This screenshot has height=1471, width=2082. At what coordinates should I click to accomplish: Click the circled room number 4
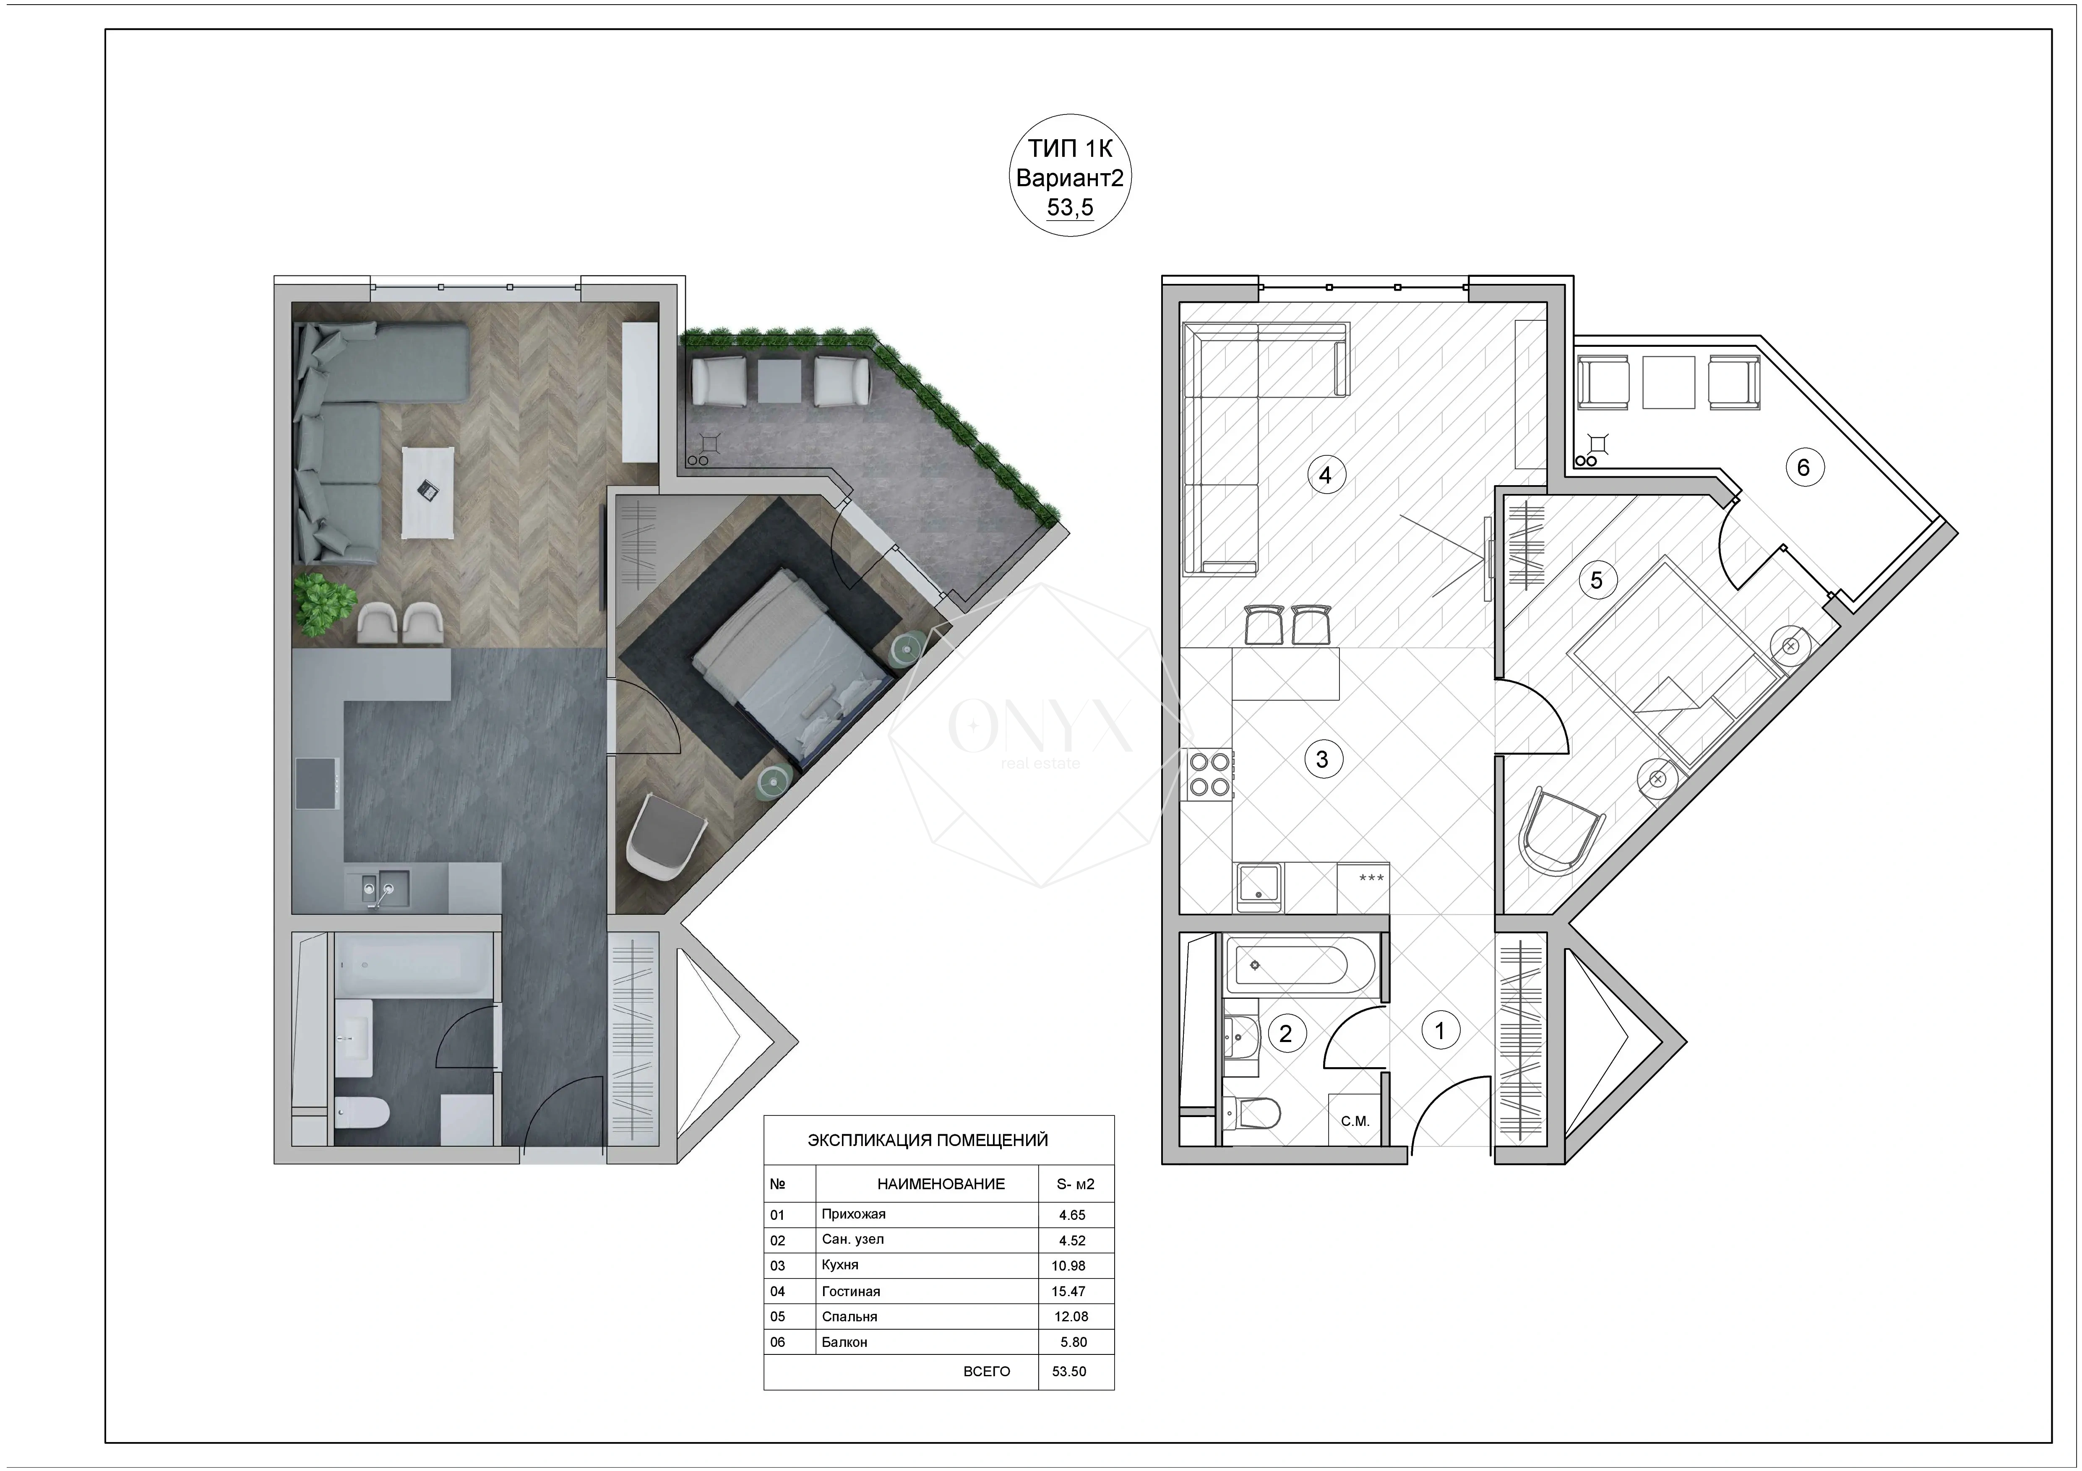(x=1325, y=474)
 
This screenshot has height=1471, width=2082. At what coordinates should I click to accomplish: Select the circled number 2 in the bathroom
(x=1285, y=1033)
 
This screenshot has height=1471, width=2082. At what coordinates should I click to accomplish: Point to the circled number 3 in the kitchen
(x=1321, y=759)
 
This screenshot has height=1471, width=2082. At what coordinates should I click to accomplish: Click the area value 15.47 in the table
(x=1068, y=1291)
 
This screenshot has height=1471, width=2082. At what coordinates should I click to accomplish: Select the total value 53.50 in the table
(x=1068, y=1371)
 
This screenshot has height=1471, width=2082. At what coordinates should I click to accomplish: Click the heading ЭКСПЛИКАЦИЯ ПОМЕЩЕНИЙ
(x=928, y=1140)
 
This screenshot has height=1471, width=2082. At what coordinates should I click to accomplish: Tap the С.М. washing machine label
(x=1355, y=1121)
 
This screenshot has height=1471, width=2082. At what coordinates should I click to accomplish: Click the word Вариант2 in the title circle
(x=1069, y=178)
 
